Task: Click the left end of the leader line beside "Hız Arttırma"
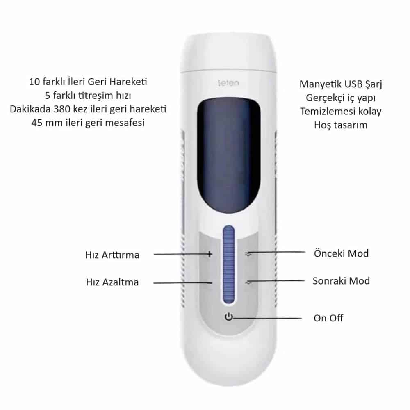(x=154, y=254)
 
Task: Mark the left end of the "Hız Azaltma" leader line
(x=153, y=283)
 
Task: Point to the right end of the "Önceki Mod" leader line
(x=305, y=252)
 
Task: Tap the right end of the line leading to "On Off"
(x=301, y=318)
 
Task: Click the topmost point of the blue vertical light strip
(x=229, y=225)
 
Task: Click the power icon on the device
(x=229, y=317)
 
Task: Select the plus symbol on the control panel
(x=210, y=254)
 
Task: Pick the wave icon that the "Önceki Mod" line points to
(x=248, y=253)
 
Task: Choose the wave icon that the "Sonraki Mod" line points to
(x=248, y=282)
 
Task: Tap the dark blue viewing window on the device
(x=228, y=156)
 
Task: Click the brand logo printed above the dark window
(x=228, y=83)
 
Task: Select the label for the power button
(x=328, y=318)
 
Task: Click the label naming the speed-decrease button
(x=112, y=282)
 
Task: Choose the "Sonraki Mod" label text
(x=341, y=281)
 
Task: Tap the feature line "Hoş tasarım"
(x=341, y=125)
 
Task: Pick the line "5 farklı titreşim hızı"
(x=88, y=96)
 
